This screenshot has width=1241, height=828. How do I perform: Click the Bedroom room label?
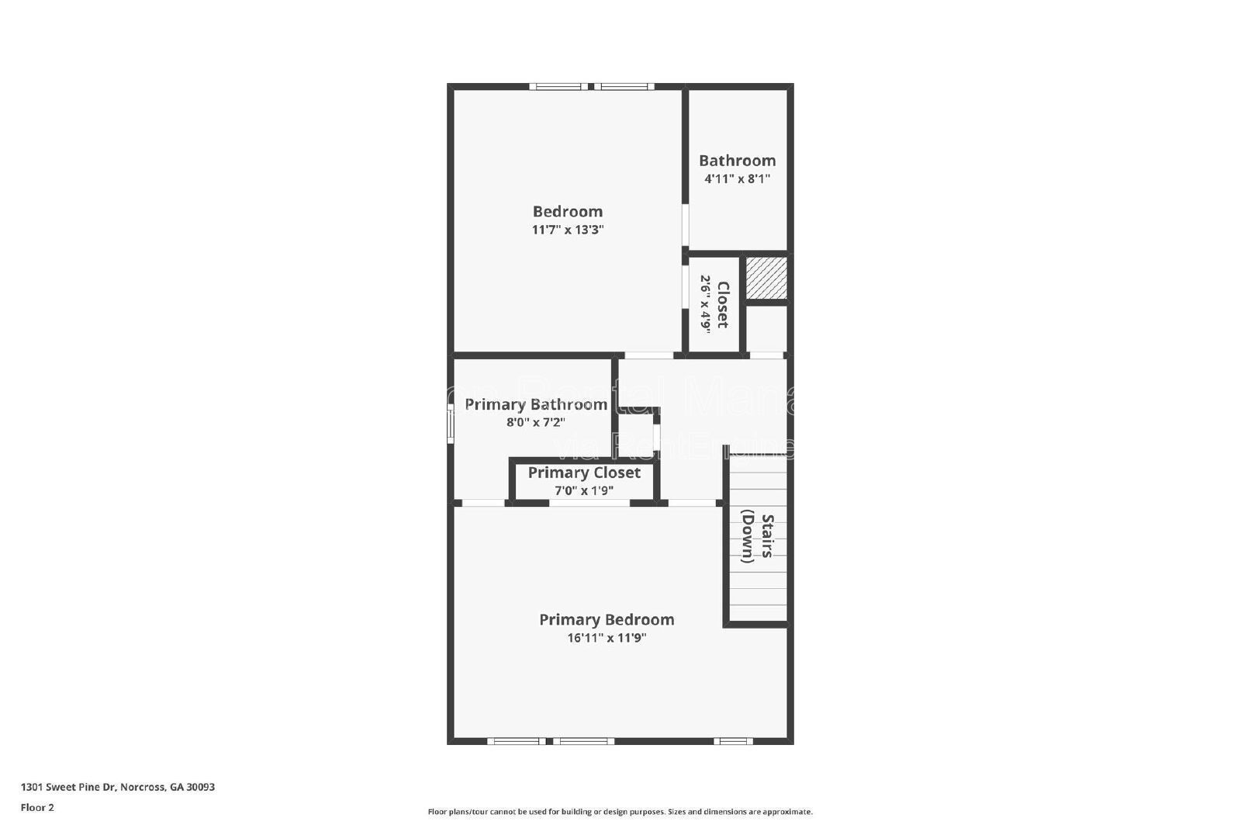(567, 211)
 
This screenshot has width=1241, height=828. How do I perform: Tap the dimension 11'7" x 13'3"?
(567, 230)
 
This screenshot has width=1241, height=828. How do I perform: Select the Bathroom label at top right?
(737, 161)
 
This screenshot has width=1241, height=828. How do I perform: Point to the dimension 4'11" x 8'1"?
(737, 178)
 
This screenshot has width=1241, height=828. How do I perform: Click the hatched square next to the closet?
(766, 278)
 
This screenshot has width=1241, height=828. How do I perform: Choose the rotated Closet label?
(722, 304)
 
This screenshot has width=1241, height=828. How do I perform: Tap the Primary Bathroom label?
(535, 404)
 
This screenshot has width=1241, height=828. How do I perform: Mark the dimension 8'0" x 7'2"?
(535, 423)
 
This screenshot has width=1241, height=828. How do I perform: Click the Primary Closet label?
(584, 473)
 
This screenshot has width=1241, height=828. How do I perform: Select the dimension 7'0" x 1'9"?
(584, 490)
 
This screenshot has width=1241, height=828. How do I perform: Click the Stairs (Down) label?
(757, 538)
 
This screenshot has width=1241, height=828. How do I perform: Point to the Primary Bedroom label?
(607, 619)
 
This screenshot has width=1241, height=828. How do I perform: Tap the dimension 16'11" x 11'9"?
(607, 638)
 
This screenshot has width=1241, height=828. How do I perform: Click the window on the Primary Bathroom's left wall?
(451, 426)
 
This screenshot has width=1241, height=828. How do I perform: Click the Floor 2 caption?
(37, 807)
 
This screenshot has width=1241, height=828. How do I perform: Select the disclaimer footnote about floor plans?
(620, 812)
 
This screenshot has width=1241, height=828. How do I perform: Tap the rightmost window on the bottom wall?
(733, 741)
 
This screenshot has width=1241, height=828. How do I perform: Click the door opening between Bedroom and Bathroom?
(686, 225)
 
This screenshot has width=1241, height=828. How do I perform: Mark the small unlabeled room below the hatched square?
(766, 329)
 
